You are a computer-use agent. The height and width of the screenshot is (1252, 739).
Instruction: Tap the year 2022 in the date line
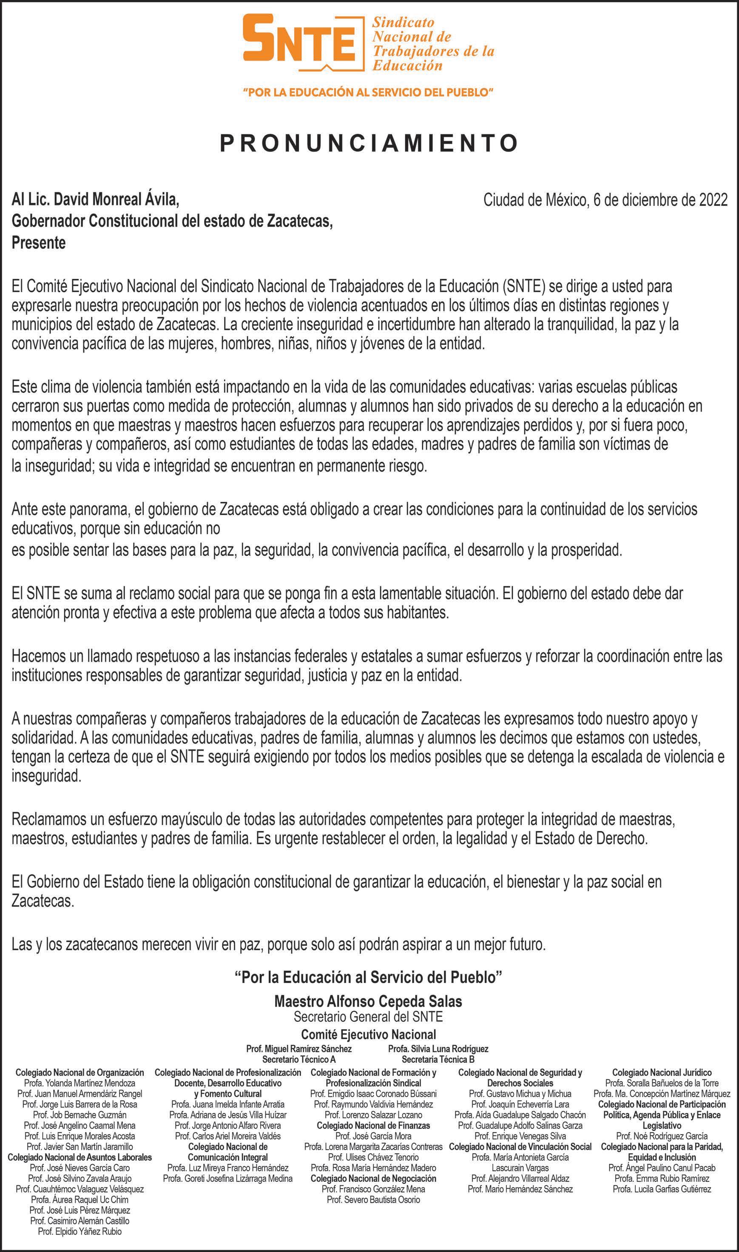tap(713, 200)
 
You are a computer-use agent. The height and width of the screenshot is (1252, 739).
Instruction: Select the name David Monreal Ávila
tap(116, 200)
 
